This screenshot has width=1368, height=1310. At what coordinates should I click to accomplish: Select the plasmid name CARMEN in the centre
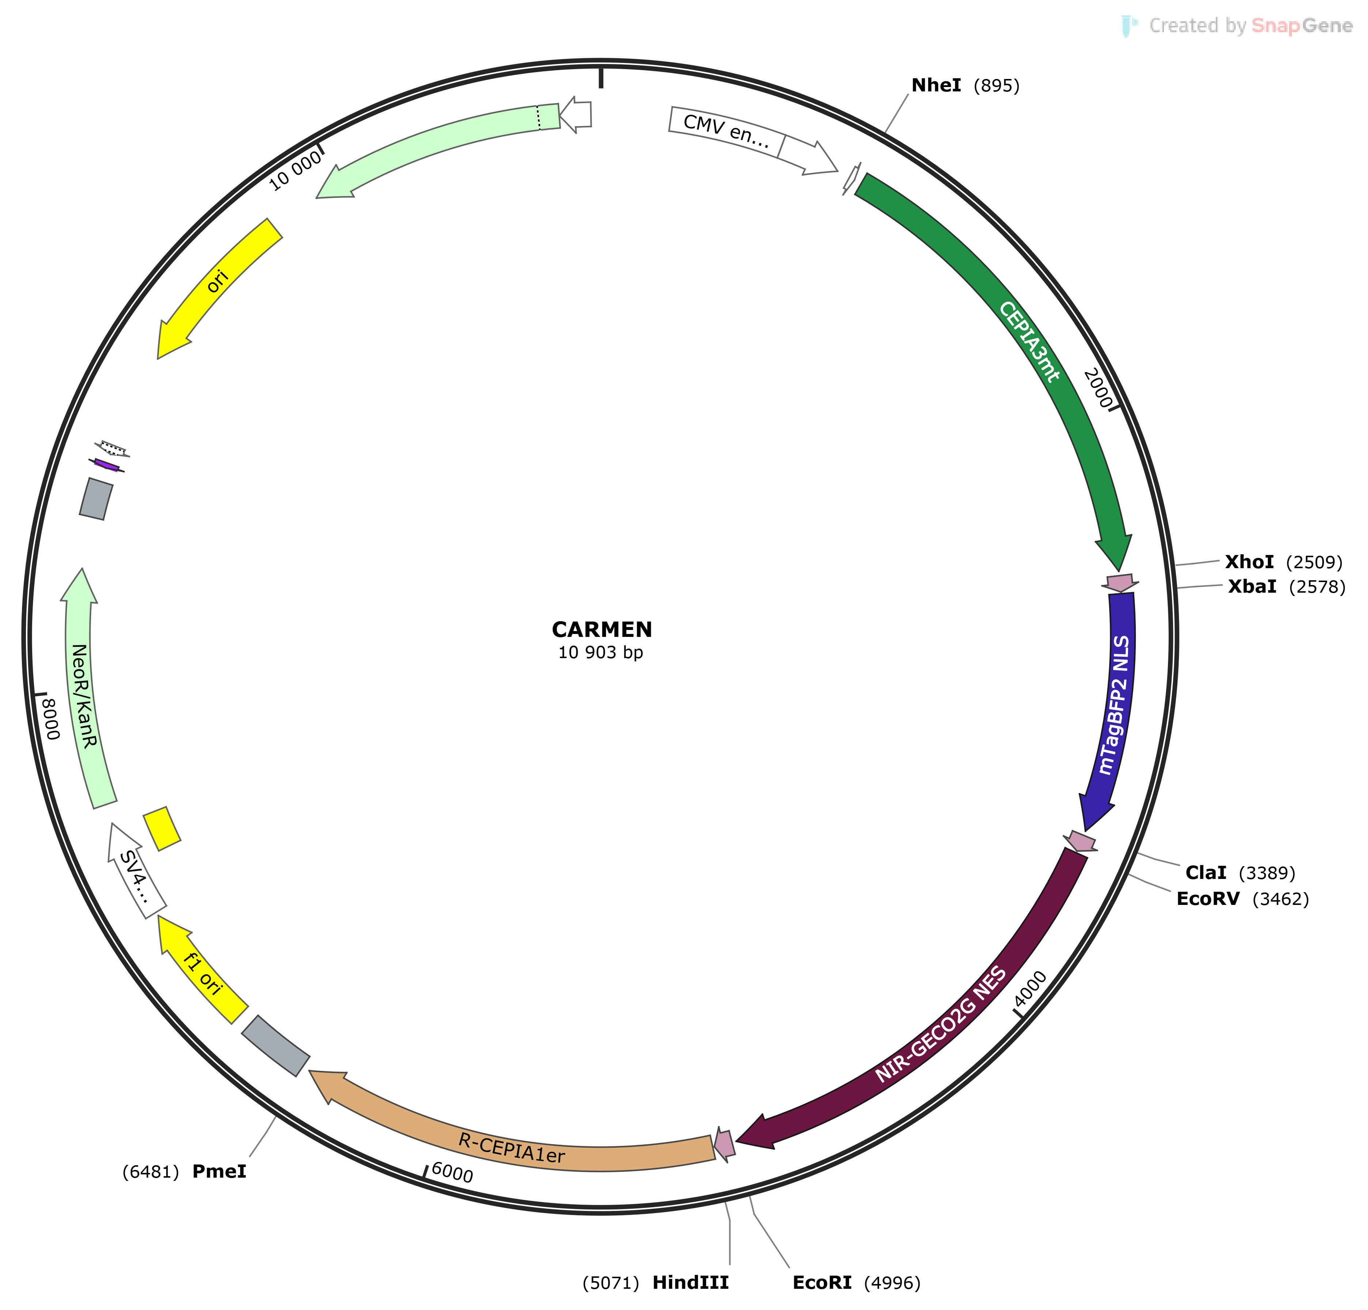[x=602, y=630]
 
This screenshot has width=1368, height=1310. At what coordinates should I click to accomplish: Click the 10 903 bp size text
[x=600, y=653]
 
